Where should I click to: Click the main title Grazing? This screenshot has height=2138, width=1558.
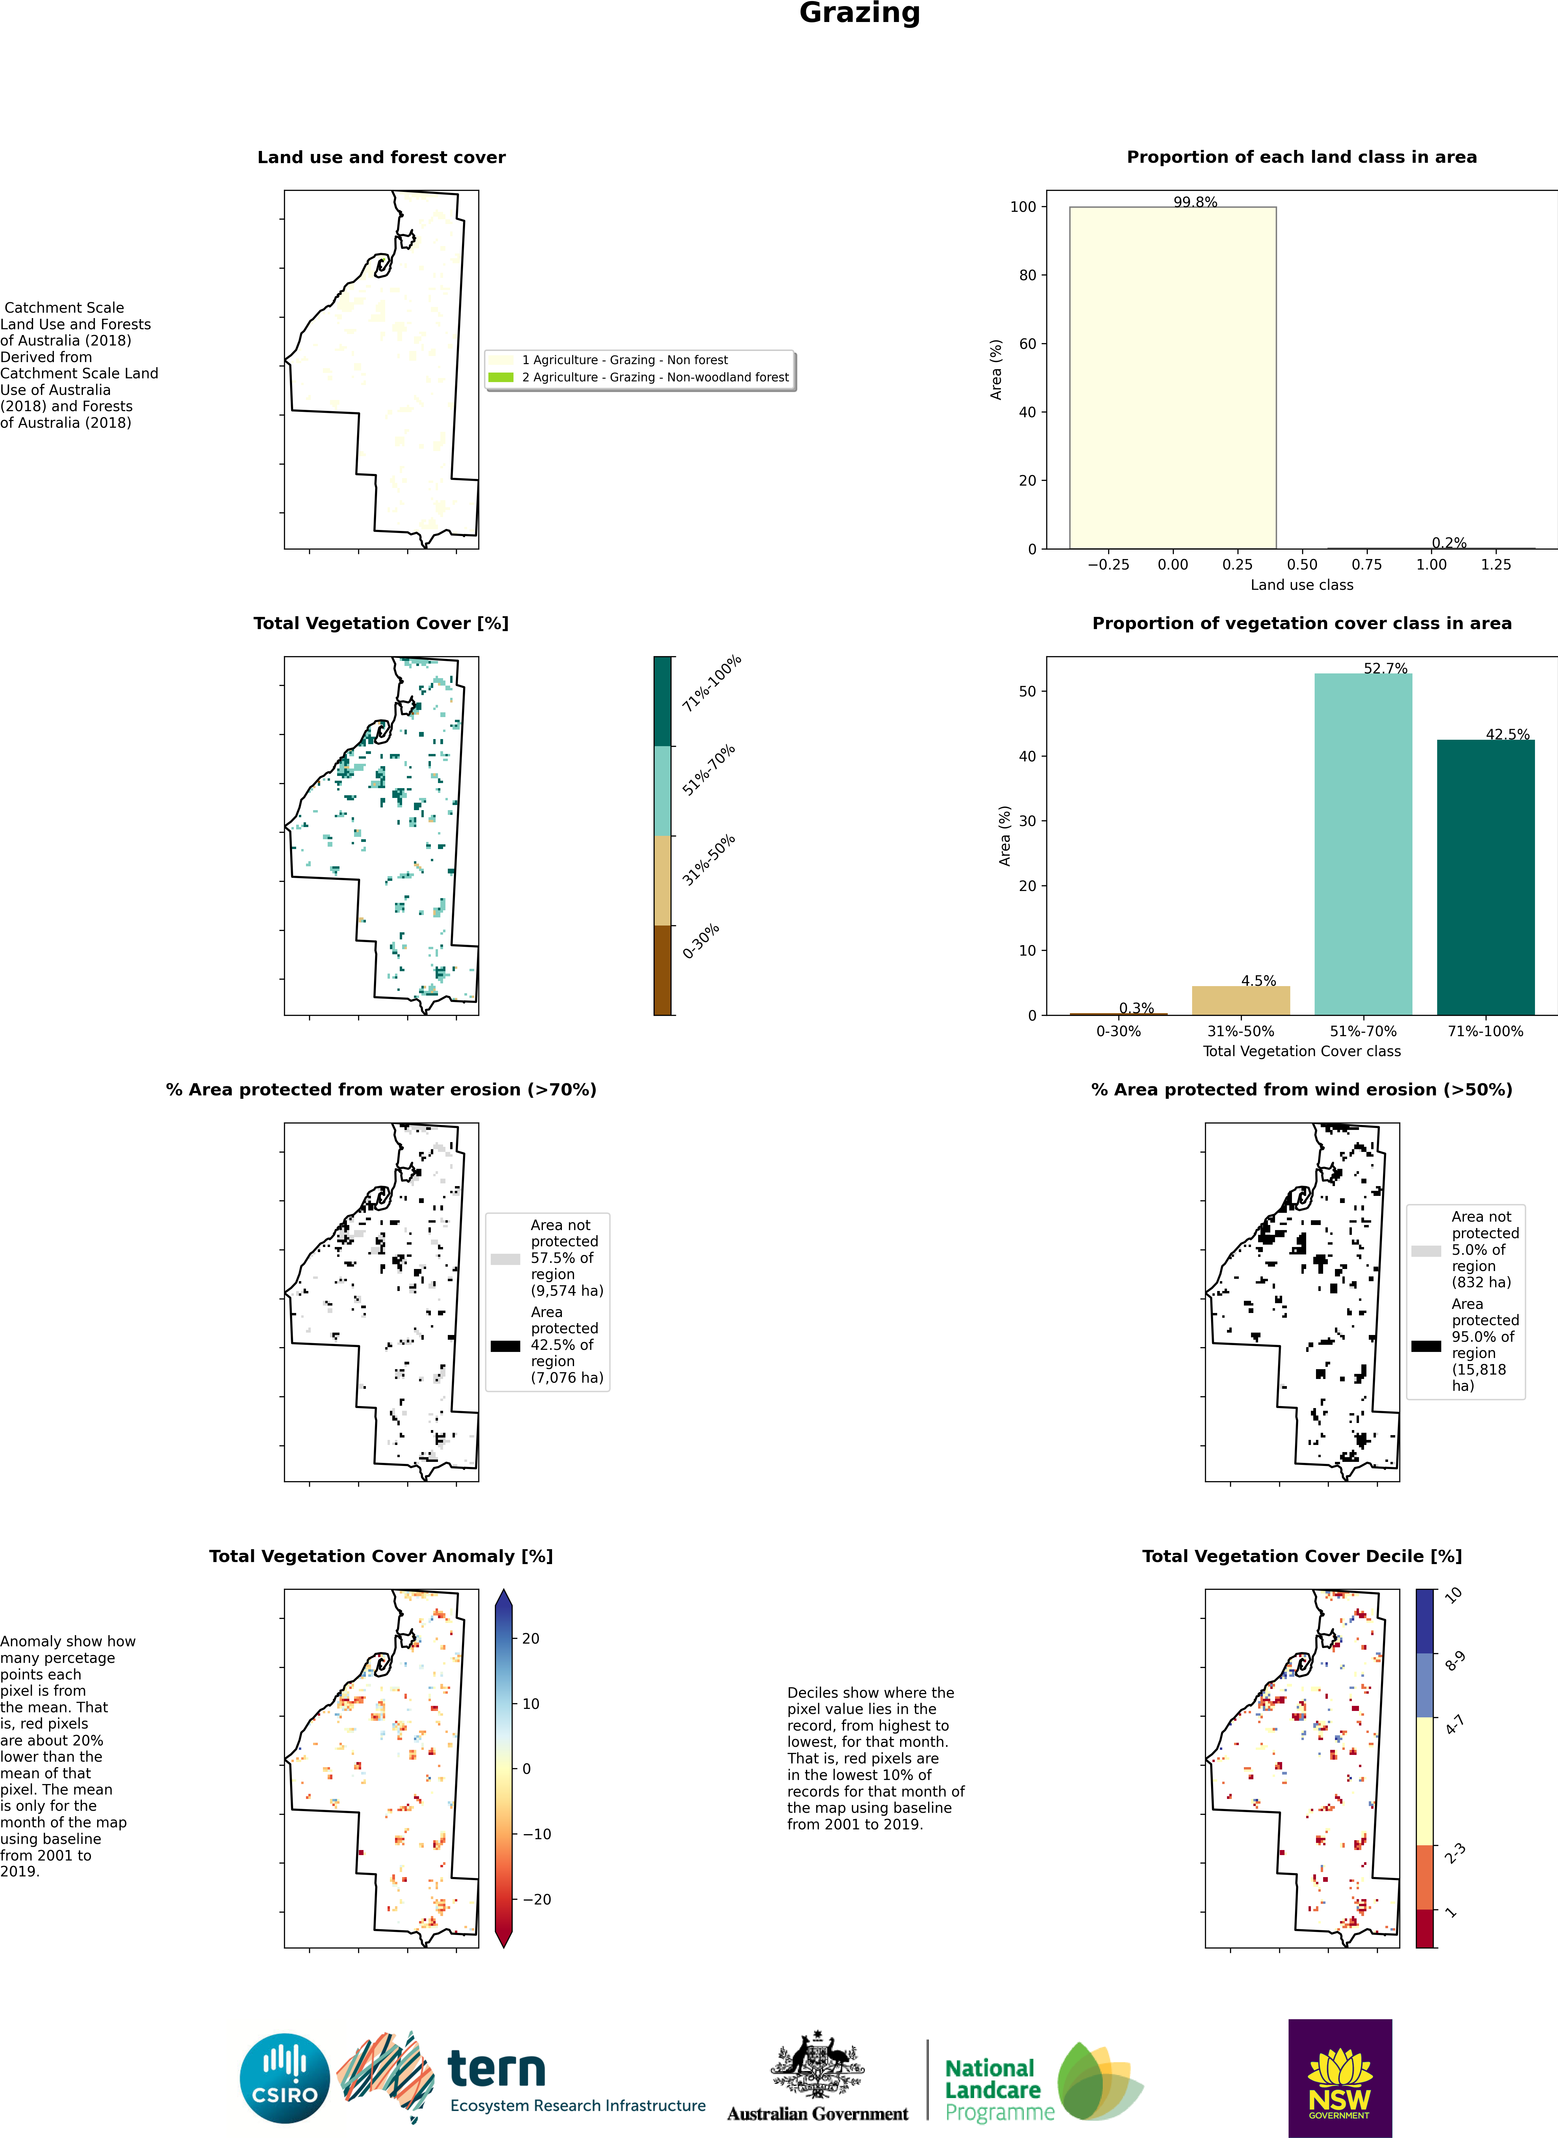point(859,13)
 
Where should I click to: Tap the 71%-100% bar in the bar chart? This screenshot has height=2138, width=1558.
point(1485,877)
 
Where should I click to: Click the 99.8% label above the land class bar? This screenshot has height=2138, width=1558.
point(1195,202)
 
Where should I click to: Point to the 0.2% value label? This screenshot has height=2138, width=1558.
point(1449,543)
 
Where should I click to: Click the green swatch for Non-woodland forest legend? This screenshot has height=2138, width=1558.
point(501,377)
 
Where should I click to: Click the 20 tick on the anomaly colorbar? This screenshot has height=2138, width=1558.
point(531,1639)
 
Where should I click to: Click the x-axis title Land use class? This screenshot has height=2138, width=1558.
point(1301,584)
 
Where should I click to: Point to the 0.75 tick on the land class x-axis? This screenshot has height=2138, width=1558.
point(1366,565)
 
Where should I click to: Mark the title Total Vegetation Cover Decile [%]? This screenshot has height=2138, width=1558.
point(1301,1556)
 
